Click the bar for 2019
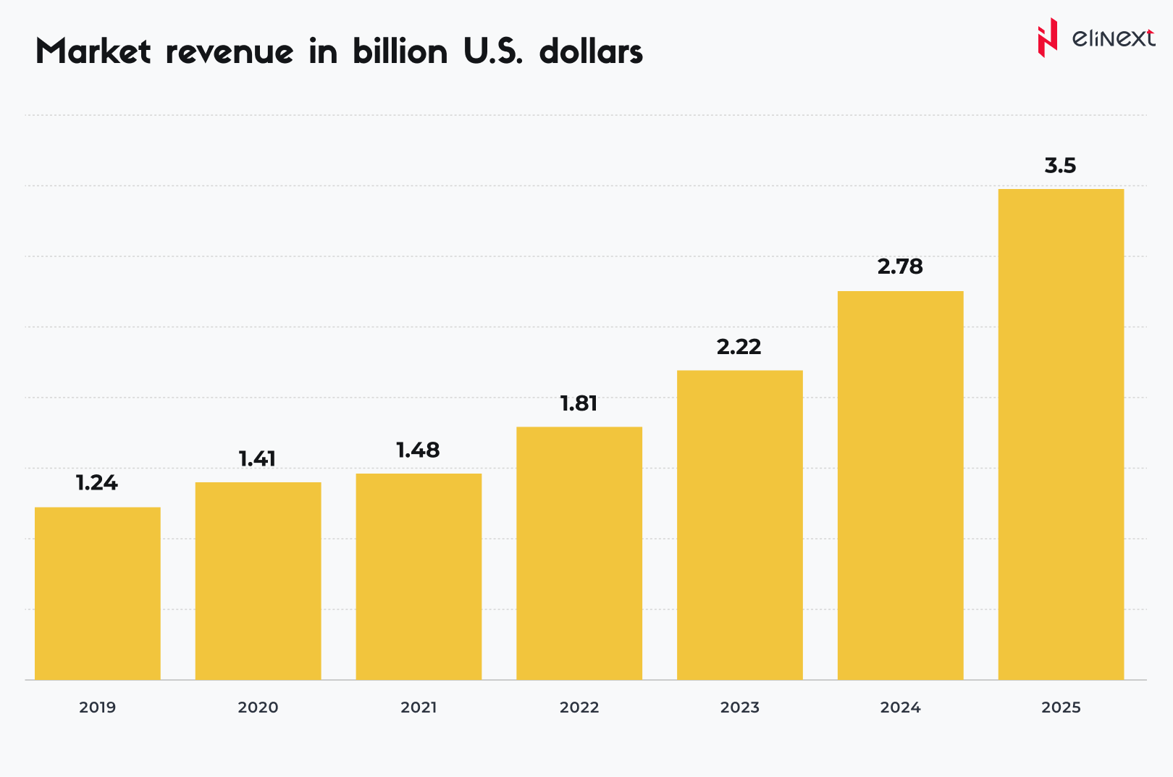(x=98, y=593)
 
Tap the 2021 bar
(x=419, y=576)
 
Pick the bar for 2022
(x=579, y=553)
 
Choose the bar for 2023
(x=740, y=525)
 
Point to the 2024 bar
(x=901, y=485)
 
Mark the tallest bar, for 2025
(x=1061, y=434)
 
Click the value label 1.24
(x=97, y=483)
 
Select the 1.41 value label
(x=258, y=458)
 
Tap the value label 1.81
(x=579, y=403)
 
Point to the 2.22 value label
(x=739, y=347)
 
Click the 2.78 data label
(x=900, y=266)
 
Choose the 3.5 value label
(x=1060, y=166)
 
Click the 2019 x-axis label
(x=98, y=707)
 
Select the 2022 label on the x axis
(x=579, y=707)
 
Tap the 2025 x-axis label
(x=1061, y=707)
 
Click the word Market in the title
(x=93, y=52)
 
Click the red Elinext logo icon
(x=1047, y=38)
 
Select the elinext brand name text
(x=1113, y=38)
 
